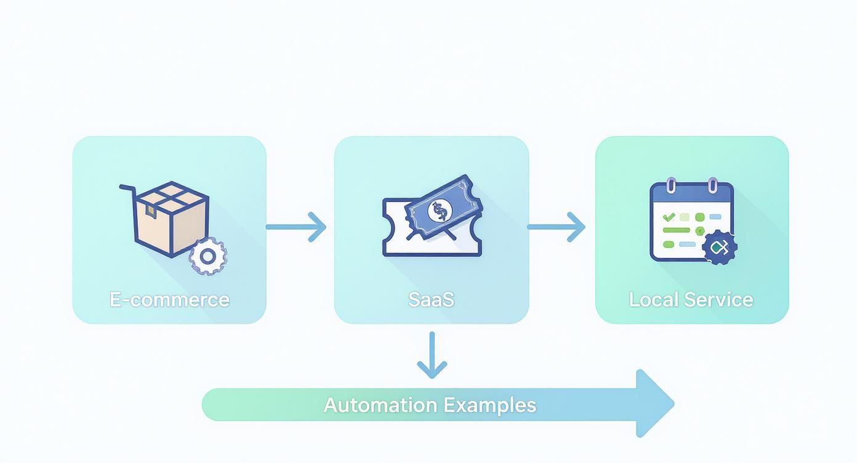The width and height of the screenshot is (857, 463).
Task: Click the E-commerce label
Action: pos(169,300)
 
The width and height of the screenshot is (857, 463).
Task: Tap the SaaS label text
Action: pos(431,300)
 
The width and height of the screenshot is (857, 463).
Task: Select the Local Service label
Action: pos(691,300)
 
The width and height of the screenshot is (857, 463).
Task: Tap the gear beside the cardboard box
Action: pos(207,256)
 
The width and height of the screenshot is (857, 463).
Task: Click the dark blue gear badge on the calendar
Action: pos(719,248)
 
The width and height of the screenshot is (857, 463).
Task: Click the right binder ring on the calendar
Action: pos(712,185)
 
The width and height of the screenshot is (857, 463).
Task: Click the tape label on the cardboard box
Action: pos(150,211)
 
